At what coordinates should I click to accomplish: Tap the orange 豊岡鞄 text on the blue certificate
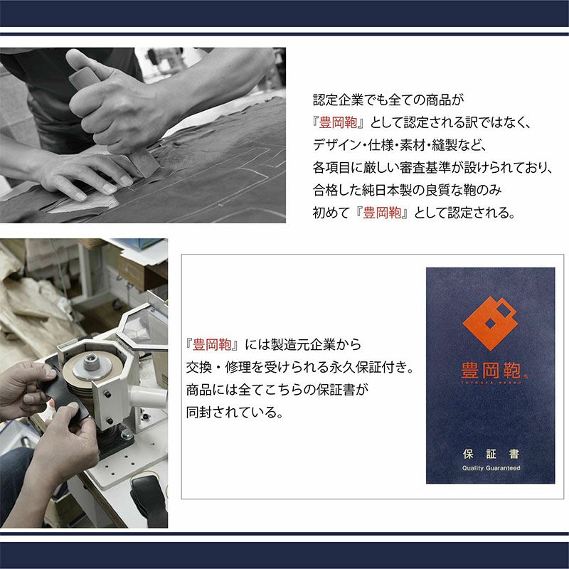(491, 371)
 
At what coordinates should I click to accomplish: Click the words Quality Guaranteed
(491, 468)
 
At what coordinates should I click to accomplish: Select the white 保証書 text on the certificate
(491, 454)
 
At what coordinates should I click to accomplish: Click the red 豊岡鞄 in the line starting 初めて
(382, 213)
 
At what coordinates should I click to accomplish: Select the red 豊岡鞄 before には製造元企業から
(212, 345)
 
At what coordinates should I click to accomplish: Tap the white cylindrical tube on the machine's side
(148, 396)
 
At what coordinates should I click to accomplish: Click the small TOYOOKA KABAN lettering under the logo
(491, 382)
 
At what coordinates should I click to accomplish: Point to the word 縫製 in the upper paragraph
(444, 145)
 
